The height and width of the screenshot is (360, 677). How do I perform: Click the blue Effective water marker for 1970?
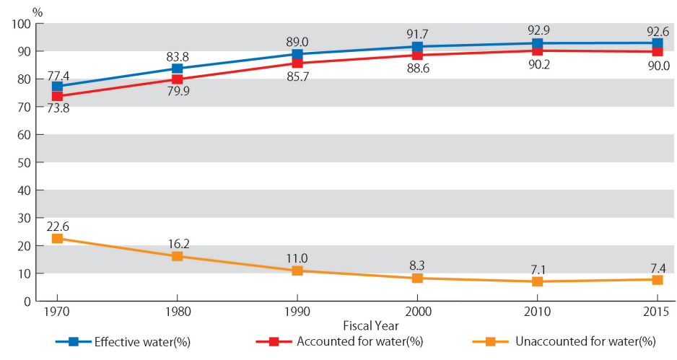57,87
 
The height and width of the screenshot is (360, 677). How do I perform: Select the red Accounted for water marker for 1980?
177,79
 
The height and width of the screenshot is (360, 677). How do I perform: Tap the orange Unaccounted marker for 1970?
57,238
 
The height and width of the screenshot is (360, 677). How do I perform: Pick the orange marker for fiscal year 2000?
417,278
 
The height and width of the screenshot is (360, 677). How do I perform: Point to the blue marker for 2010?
538,44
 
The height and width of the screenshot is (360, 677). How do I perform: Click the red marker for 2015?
658,51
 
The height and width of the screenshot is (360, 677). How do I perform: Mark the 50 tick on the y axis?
23,162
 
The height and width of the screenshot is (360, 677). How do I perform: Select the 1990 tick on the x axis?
297,312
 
